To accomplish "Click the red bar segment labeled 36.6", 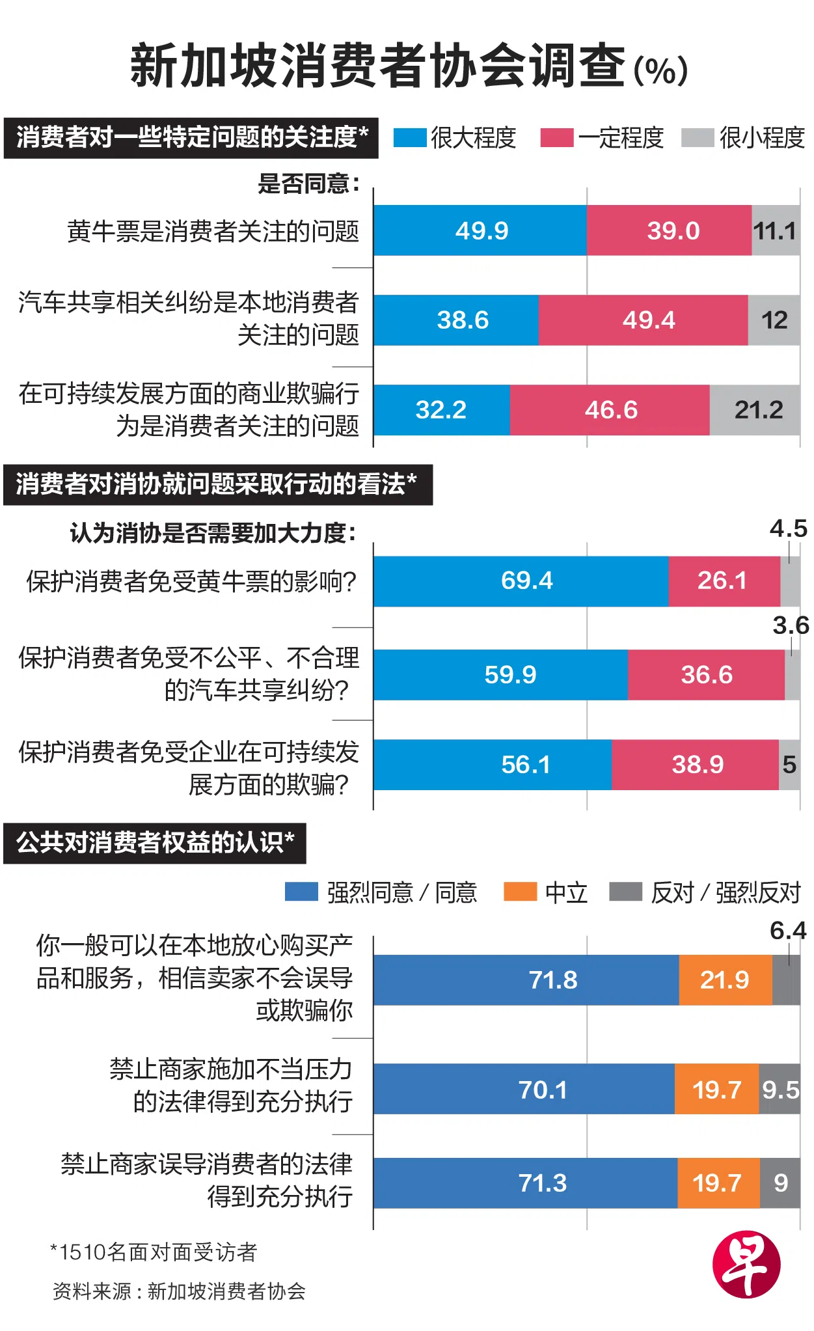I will click(x=706, y=674).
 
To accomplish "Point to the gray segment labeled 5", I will click(x=789, y=764).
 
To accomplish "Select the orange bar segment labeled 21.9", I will click(x=725, y=980).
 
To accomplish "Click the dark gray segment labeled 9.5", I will click(x=780, y=1089).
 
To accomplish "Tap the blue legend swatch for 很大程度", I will click(x=410, y=138).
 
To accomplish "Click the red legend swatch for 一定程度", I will click(x=556, y=138).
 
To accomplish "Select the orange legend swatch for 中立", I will click(x=520, y=892).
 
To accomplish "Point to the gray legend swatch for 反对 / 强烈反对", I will click(x=625, y=892).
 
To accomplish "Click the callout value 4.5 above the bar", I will click(x=788, y=528).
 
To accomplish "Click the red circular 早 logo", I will click(x=746, y=1264).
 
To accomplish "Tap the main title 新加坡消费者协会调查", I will click(x=377, y=66).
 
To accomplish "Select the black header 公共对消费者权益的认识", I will click(x=155, y=843).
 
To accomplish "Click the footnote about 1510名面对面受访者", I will click(x=154, y=1252).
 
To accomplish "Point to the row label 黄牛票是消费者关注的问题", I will click(x=213, y=231).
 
